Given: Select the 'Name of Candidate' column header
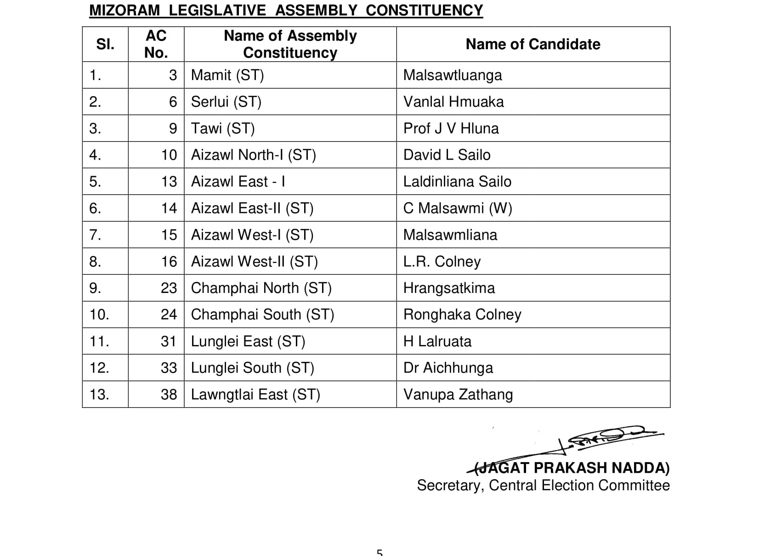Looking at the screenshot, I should tap(532, 44).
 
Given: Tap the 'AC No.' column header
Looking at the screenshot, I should tap(156, 44).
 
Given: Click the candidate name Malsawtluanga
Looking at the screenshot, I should tap(452, 75).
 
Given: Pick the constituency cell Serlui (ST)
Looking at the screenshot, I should tap(226, 102).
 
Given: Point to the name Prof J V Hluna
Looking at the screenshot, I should tap(451, 128).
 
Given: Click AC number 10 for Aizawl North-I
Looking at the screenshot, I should tap(169, 155).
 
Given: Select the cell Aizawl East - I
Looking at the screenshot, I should tap(238, 182).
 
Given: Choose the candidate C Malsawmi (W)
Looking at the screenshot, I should tap(457, 208).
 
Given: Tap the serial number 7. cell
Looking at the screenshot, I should tap(95, 235).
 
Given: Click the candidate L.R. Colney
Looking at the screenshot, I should tap(442, 262).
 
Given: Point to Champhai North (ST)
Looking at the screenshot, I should tap(261, 288).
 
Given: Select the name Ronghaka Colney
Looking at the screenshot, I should tap(462, 315).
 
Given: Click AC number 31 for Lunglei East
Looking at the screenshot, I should tap(169, 341).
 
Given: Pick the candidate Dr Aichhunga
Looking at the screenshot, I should tap(448, 368).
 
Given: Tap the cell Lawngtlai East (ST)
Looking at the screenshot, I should tap(255, 395).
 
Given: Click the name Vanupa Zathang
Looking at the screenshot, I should tap(458, 395).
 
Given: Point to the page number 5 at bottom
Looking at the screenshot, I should tap(379, 552).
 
